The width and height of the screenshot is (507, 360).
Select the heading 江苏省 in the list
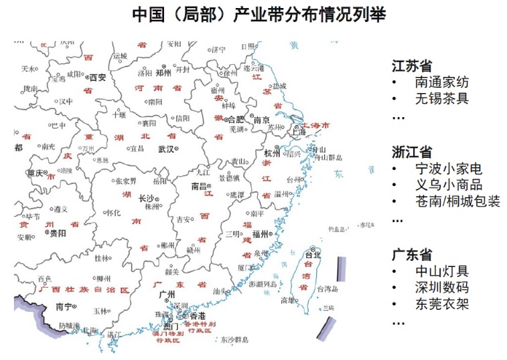click(412, 66)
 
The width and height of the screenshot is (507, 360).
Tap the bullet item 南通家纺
click(441, 83)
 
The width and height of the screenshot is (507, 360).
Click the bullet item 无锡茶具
click(441, 99)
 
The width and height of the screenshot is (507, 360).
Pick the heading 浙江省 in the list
click(412, 152)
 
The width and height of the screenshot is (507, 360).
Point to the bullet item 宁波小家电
click(448, 169)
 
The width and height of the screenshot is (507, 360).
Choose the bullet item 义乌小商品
click(448, 185)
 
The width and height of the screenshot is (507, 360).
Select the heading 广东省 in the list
click(412, 255)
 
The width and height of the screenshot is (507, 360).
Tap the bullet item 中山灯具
click(441, 272)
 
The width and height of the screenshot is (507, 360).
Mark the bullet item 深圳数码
click(441, 288)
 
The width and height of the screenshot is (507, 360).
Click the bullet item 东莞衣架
click(441, 304)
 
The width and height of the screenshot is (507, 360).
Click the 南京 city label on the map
click(261, 120)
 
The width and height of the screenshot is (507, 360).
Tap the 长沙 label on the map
click(145, 199)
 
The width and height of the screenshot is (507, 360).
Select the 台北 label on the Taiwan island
click(313, 255)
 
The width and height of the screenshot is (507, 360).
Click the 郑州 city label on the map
click(163, 72)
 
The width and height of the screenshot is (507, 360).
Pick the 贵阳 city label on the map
click(58, 234)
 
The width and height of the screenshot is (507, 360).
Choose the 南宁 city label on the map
click(64, 307)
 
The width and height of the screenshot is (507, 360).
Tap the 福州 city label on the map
click(260, 234)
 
